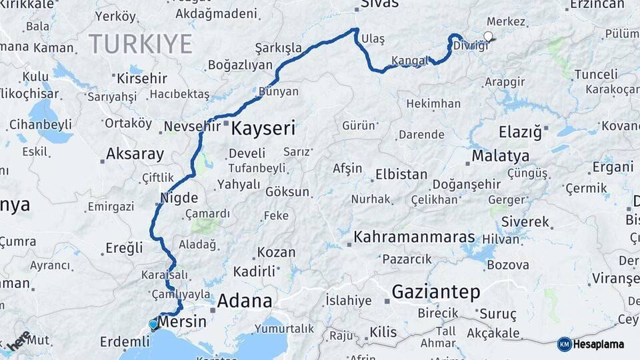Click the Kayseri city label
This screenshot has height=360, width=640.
click(x=263, y=128)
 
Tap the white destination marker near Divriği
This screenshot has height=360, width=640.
click(x=489, y=37)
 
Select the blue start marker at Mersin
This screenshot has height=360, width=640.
click(x=153, y=325)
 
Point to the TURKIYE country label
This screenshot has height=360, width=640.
click(x=141, y=44)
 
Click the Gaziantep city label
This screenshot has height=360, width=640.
click(x=436, y=291)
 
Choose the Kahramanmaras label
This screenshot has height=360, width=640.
click(x=414, y=237)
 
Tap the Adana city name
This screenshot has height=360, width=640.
click(x=245, y=301)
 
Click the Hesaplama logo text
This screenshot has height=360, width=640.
click(x=600, y=344)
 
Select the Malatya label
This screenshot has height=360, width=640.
click(x=501, y=156)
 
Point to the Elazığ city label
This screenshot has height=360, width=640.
click(x=520, y=132)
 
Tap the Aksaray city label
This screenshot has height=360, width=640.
click(x=135, y=154)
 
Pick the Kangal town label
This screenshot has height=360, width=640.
click(x=409, y=61)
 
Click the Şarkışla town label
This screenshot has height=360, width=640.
click(x=278, y=48)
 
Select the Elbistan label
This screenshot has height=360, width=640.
click(x=401, y=175)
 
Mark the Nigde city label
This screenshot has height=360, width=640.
click(x=179, y=198)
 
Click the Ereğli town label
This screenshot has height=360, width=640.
click(x=124, y=248)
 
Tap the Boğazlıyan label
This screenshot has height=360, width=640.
click(x=240, y=65)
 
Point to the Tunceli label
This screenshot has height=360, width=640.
click(x=596, y=74)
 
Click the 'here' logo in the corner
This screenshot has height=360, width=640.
click(x=19, y=341)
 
